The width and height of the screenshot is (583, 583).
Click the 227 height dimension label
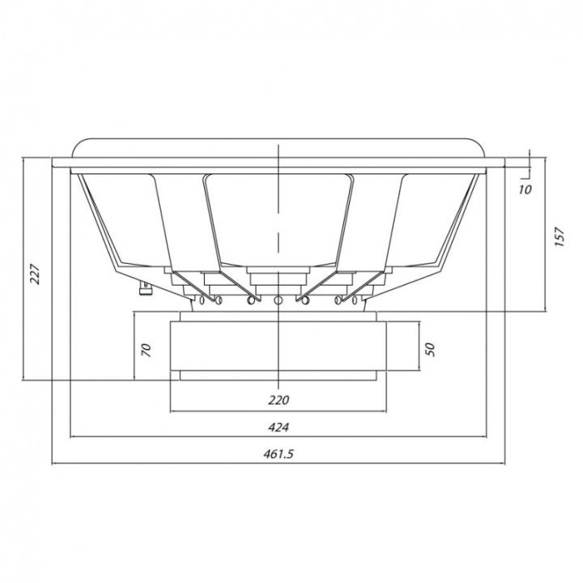[35, 274]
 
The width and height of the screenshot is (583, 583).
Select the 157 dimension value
[560, 236]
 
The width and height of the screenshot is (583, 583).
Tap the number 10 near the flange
[525, 189]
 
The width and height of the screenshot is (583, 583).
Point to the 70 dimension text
[147, 351]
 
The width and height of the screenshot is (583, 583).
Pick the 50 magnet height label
[429, 349]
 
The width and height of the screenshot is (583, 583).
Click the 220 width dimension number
[279, 400]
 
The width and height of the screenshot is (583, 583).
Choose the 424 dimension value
[279, 428]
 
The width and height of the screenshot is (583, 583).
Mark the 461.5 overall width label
[279, 454]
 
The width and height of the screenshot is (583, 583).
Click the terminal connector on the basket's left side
[146, 288]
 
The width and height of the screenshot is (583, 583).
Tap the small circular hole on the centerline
[278, 300]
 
